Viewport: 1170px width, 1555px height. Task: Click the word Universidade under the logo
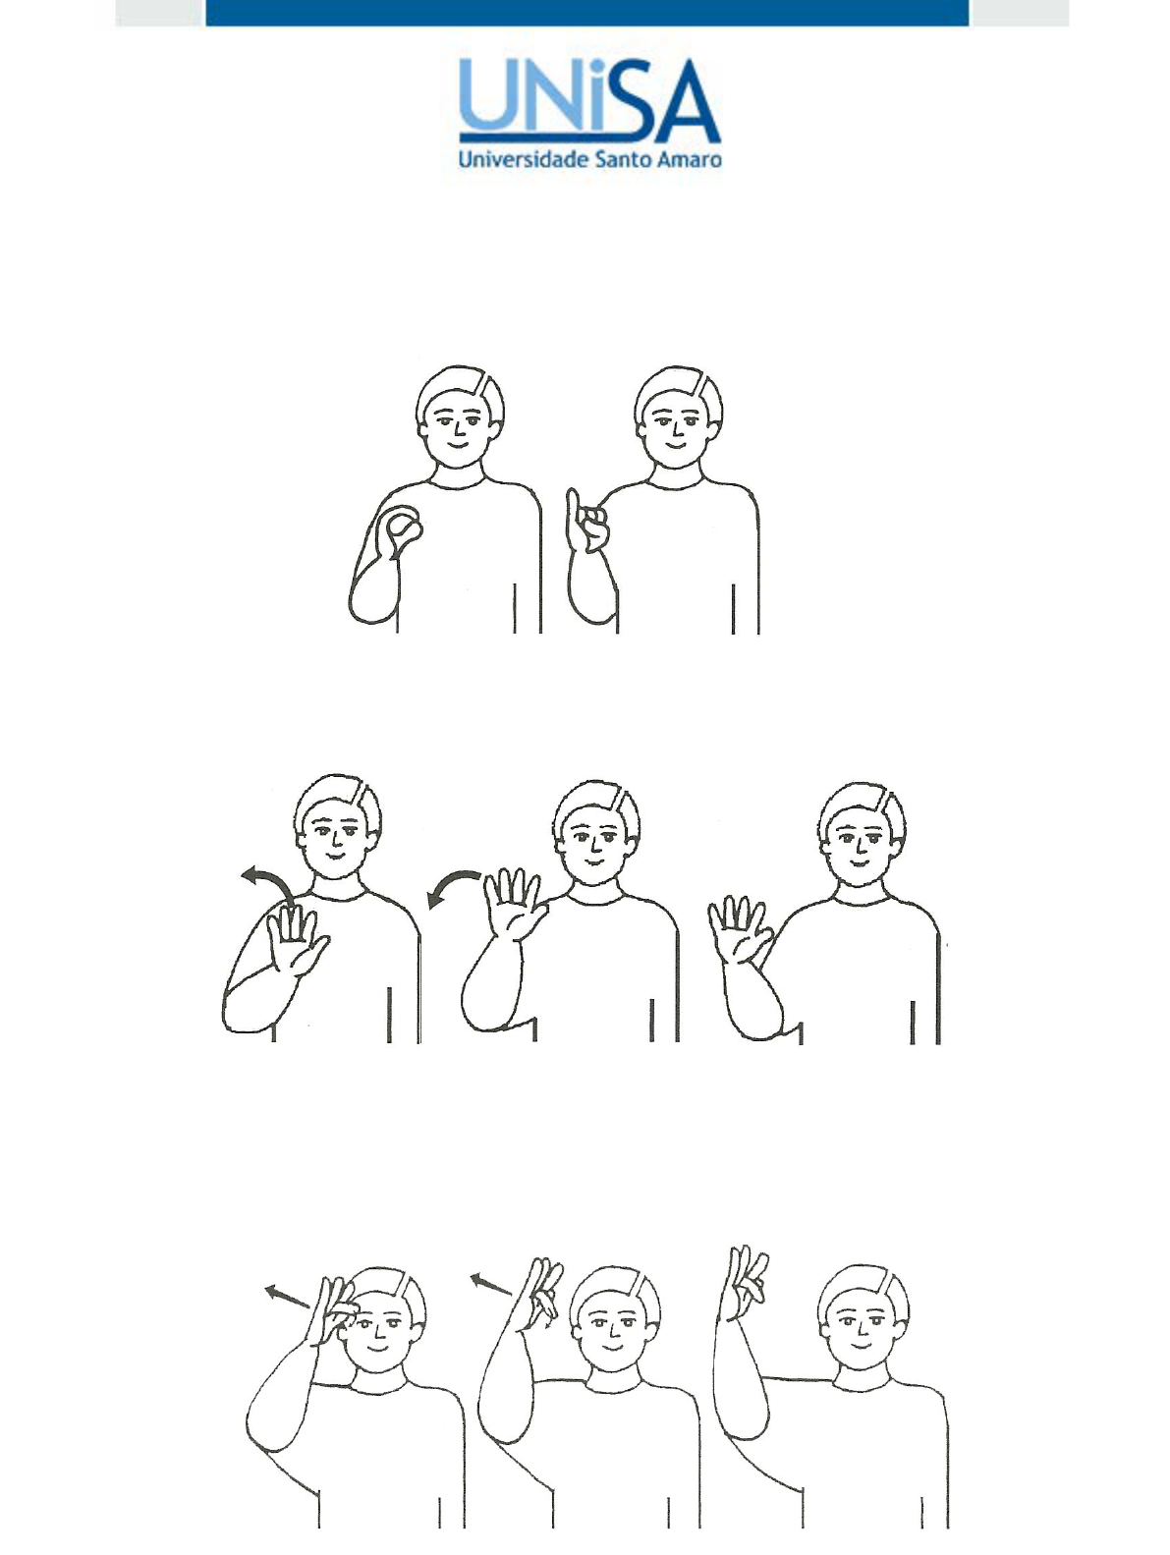coord(524,159)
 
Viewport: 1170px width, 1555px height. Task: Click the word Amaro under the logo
coord(690,159)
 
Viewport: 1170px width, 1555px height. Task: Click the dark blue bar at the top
coord(586,13)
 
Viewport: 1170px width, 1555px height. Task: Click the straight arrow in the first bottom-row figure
coord(287,1296)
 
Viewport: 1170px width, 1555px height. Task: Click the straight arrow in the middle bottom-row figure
coord(491,1284)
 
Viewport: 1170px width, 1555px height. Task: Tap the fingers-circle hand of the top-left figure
coord(400,530)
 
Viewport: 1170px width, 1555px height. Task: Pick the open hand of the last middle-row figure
coord(739,929)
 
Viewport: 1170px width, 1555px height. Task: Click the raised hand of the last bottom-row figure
coord(743,1284)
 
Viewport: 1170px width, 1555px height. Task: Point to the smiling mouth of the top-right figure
coord(677,446)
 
